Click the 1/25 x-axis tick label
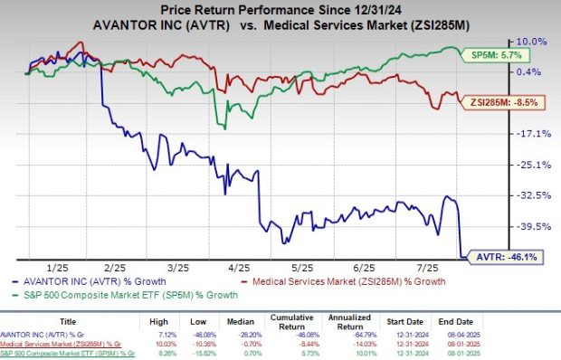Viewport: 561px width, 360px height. coord(57,269)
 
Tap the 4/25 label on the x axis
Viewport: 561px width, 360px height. coord(238,269)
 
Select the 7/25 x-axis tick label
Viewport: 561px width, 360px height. coord(419,269)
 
